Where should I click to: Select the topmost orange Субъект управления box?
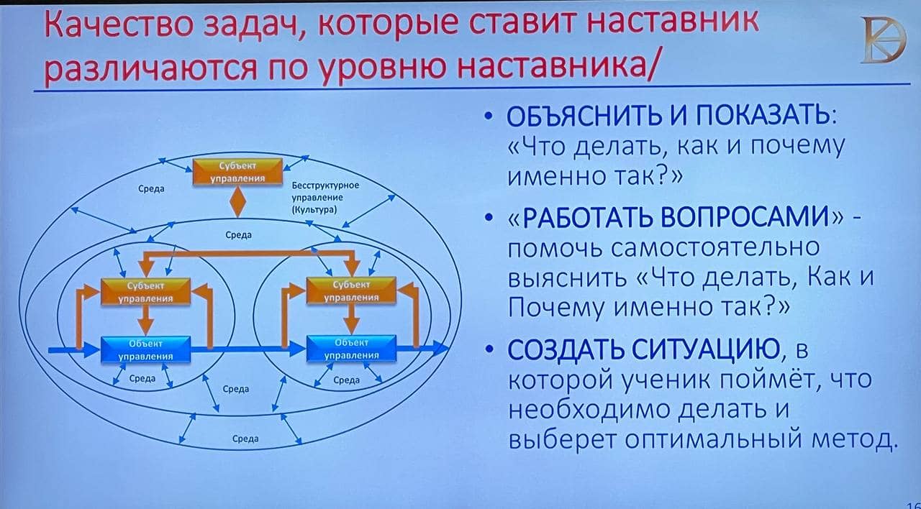(x=237, y=172)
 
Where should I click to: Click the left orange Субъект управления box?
(x=145, y=292)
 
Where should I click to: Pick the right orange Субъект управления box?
(x=351, y=290)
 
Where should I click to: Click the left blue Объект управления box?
(x=145, y=349)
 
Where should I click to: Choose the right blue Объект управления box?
(x=351, y=349)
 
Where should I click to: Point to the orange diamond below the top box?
(x=237, y=202)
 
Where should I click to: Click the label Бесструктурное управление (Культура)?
(x=325, y=198)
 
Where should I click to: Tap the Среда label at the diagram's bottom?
(x=245, y=439)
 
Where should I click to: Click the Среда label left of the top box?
(x=151, y=188)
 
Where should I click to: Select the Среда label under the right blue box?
(x=346, y=380)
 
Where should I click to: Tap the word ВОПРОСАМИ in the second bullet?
(x=745, y=217)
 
